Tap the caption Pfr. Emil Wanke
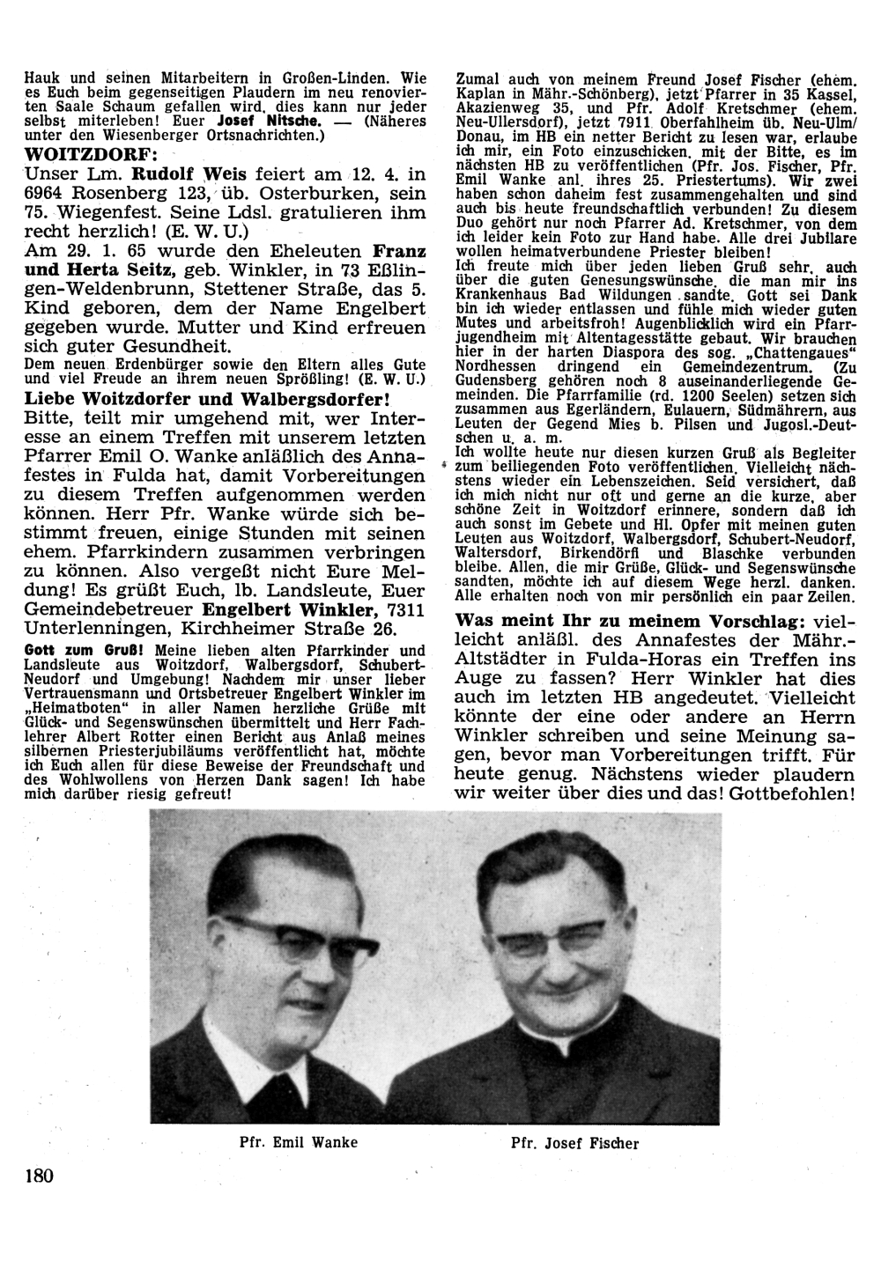coord(299,1142)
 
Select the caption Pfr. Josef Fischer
coord(574,1144)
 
